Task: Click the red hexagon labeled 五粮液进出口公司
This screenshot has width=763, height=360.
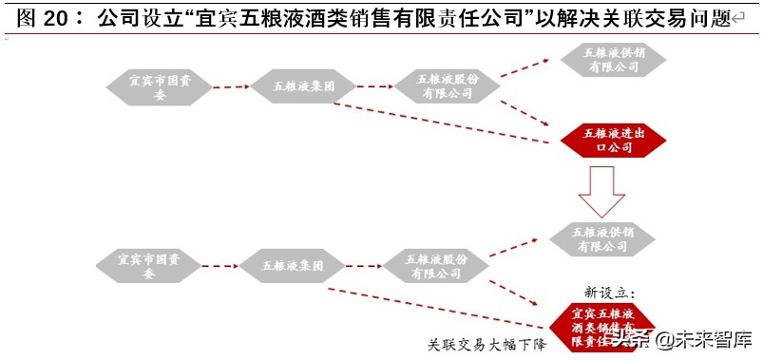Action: [613, 141]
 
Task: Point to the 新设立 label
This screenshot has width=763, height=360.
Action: [609, 292]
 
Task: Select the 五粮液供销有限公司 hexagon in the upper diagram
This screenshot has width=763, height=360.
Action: [613, 59]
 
